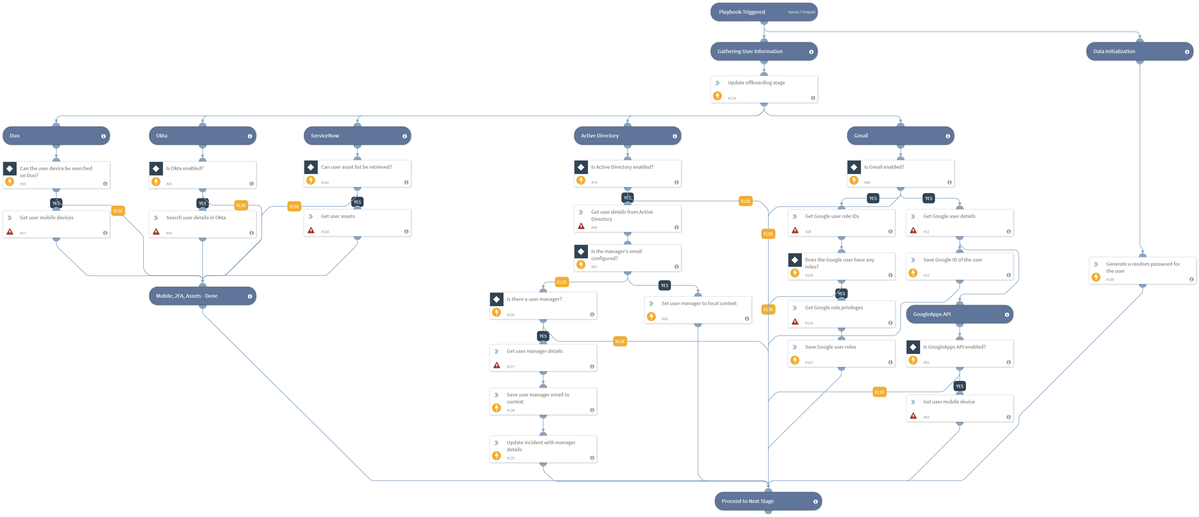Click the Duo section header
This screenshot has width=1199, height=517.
(56, 136)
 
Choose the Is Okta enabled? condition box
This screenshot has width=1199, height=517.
(202, 175)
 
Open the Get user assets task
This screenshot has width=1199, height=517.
(357, 223)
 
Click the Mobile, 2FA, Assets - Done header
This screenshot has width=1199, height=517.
(202, 296)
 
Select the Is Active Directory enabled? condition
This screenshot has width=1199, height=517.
(627, 173)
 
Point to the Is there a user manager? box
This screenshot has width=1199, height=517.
(543, 306)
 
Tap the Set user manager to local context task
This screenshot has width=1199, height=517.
(698, 310)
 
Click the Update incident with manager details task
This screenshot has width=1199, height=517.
(543, 449)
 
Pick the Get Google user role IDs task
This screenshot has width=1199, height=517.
(841, 223)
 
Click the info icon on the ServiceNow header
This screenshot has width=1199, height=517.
(404, 136)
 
